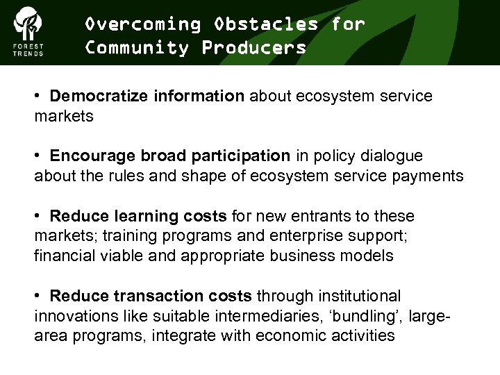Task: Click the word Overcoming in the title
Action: click(x=142, y=24)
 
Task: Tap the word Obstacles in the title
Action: click(x=267, y=24)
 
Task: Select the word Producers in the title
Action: click(x=254, y=48)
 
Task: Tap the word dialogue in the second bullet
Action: click(x=392, y=156)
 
